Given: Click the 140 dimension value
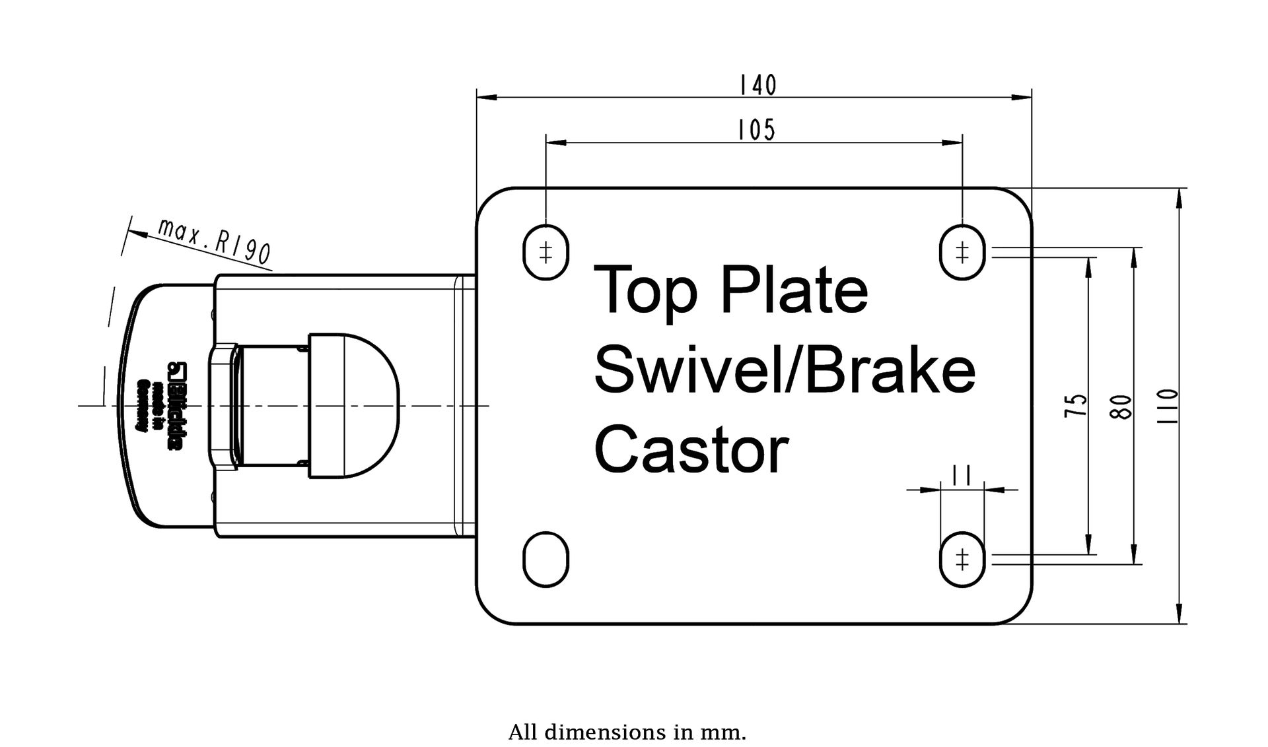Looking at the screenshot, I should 757,86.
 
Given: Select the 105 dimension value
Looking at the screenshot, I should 756,130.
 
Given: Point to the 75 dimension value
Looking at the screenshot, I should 1077,405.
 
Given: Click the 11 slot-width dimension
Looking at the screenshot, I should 961,474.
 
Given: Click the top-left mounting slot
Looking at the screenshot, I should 546,252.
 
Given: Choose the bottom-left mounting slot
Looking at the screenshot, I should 546,559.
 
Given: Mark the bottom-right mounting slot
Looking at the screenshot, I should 962,559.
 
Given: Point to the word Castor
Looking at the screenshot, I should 691,450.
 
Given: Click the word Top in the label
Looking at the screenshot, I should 645,292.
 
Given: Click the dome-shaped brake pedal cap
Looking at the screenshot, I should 354,405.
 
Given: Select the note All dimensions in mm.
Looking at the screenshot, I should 627,732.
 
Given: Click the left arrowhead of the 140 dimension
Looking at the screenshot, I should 486,98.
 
